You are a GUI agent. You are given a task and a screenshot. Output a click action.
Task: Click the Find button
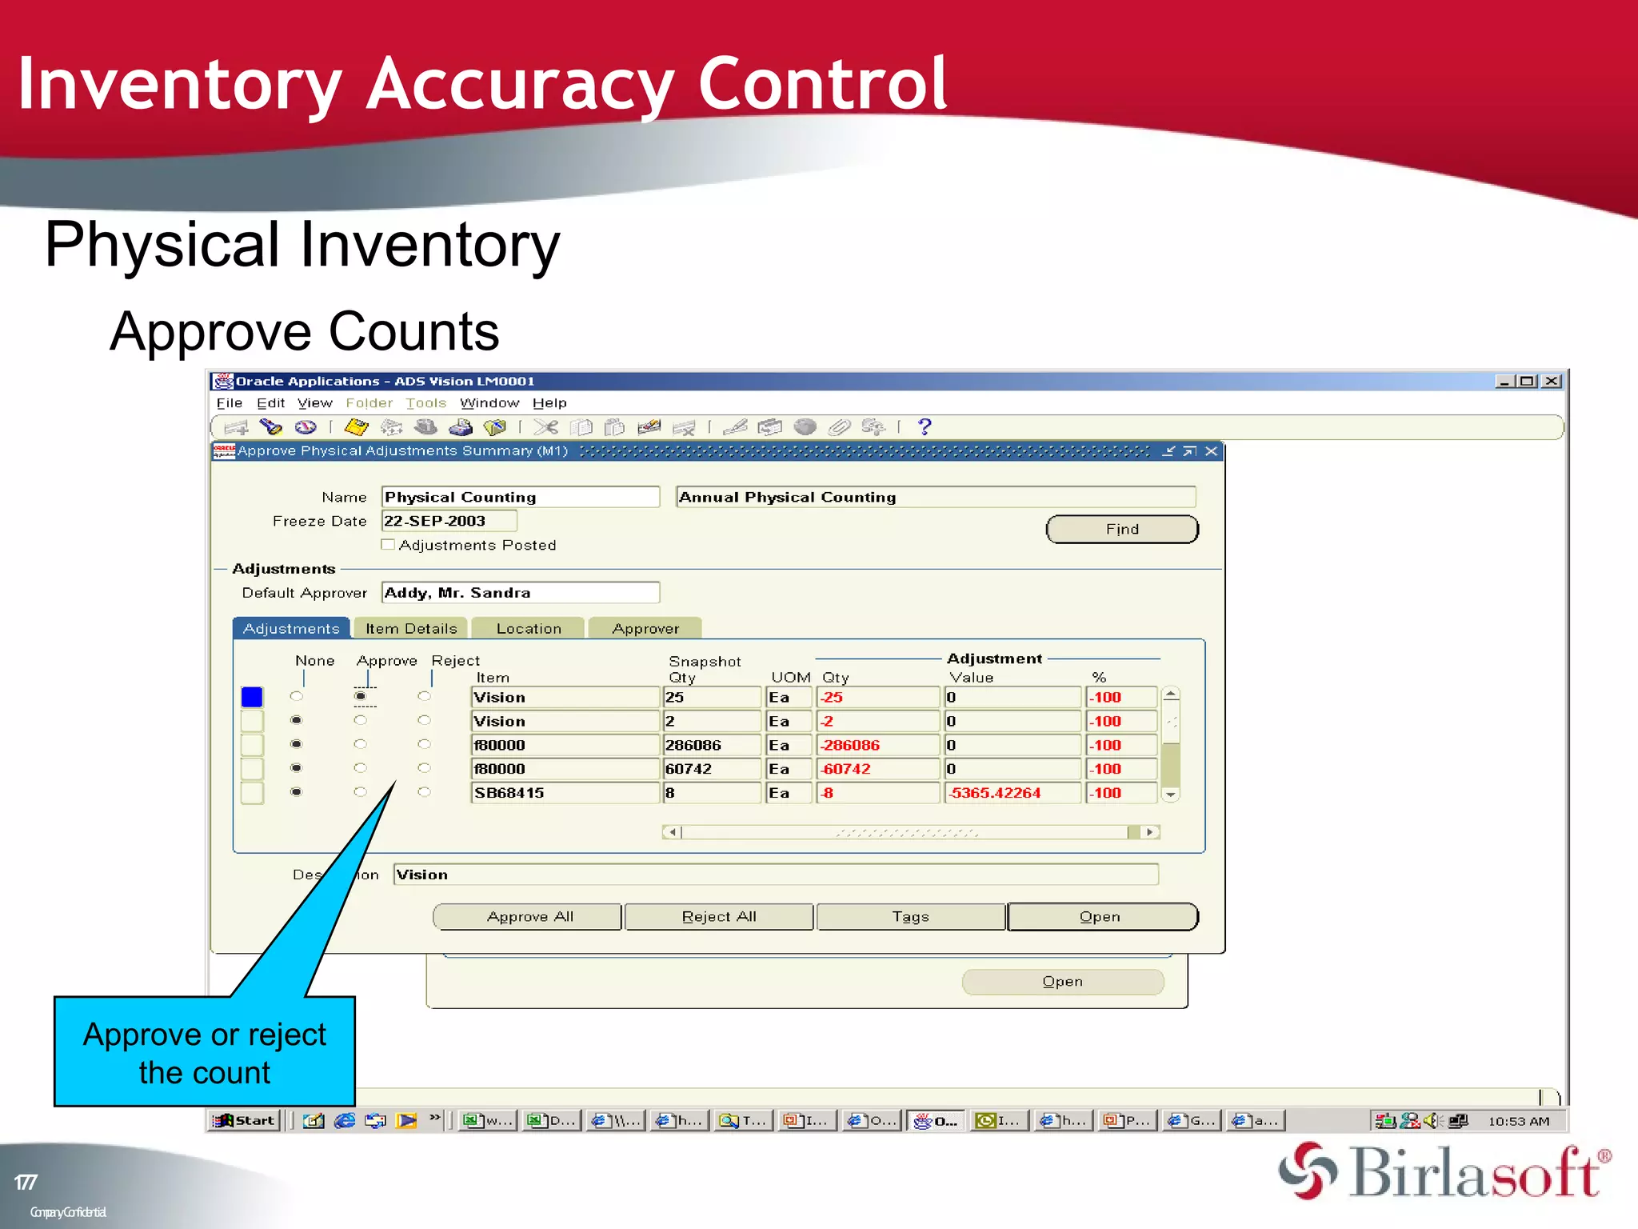coord(1121,529)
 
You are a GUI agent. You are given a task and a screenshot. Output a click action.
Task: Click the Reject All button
coord(718,917)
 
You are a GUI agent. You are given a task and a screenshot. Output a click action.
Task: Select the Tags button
coord(910,917)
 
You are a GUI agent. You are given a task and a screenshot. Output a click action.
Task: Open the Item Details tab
coord(411,629)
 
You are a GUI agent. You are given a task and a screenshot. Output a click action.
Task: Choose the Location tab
coord(529,629)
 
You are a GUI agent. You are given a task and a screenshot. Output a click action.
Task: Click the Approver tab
coord(645,629)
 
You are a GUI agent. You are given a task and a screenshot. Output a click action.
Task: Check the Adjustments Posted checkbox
coord(389,545)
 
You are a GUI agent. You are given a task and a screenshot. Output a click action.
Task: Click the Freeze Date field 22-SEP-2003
coord(449,521)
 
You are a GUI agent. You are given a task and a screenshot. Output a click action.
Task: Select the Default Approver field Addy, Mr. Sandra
coord(520,593)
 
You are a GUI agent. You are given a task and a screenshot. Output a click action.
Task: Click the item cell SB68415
coord(564,793)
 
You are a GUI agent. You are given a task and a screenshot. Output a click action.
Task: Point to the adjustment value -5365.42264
coord(1012,793)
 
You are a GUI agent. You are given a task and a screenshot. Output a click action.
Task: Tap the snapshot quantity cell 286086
coord(711,745)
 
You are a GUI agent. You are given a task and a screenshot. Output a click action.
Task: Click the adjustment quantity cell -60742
coord(877,769)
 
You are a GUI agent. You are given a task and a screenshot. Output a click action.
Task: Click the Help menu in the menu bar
coord(549,403)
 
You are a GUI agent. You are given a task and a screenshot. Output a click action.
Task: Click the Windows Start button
coord(246,1120)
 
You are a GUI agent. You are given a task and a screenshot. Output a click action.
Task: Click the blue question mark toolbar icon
coord(925,427)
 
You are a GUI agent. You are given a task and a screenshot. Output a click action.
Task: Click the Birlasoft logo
coord(1444,1172)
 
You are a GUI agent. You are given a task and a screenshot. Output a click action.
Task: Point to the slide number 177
coord(26,1182)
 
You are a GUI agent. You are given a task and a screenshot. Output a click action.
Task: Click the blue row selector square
coord(252,697)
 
